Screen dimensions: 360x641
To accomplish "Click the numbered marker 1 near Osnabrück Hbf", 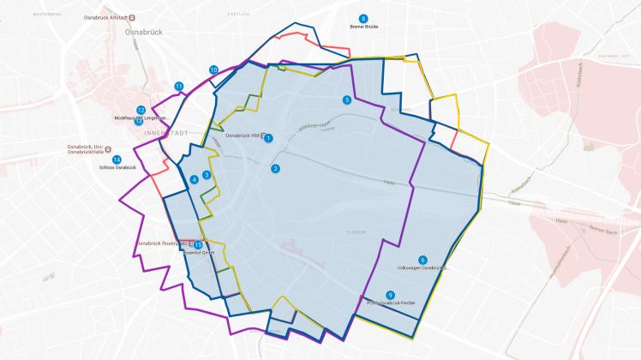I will [268, 138].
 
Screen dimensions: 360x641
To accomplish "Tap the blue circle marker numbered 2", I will [275, 168].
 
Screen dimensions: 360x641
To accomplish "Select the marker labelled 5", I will [347, 99].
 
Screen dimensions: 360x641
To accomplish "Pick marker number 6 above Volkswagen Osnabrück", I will [422, 260].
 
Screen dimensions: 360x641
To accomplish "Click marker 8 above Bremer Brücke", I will [363, 18].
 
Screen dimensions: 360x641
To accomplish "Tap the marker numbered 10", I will [213, 69].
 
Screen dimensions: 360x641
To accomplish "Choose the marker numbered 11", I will [179, 86].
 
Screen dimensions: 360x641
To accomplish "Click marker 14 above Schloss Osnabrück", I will [117, 159].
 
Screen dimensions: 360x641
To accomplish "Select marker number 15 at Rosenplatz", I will [198, 245].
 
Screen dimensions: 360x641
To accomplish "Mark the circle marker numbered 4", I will [195, 179].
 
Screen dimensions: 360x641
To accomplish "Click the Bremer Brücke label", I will [363, 27].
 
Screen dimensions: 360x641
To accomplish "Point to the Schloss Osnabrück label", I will [118, 167].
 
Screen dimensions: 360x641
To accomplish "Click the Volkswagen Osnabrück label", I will [423, 268].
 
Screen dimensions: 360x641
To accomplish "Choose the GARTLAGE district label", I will [237, 15].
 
